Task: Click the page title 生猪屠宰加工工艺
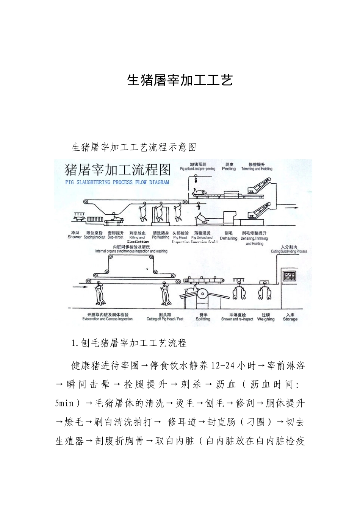pyautogui.click(x=180, y=80)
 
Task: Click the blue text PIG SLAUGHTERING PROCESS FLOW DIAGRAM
pyautogui.click(x=117, y=182)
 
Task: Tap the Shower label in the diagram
pyautogui.click(x=75, y=237)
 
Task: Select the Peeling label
pyautogui.click(x=229, y=169)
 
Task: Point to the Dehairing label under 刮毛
pyautogui.click(x=229, y=239)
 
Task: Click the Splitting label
pyautogui.click(x=203, y=319)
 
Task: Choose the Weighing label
pyautogui.click(x=266, y=319)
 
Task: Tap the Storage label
pyautogui.click(x=290, y=319)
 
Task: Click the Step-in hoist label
pyautogui.click(x=116, y=237)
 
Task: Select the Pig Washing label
pyautogui.click(x=160, y=237)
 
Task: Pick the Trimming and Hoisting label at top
pyautogui.click(x=257, y=169)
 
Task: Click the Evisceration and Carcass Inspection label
pyautogui.click(x=108, y=319)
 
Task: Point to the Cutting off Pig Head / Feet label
pyautogui.click(x=165, y=319)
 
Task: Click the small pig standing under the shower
pyautogui.click(x=79, y=219)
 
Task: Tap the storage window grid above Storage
pyautogui.click(x=290, y=276)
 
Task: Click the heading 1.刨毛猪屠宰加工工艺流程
pyautogui.click(x=129, y=343)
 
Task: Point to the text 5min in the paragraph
pyautogui.click(x=64, y=403)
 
